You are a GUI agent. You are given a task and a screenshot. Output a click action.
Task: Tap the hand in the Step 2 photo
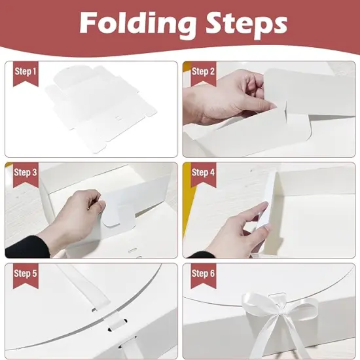[x=223, y=98]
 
